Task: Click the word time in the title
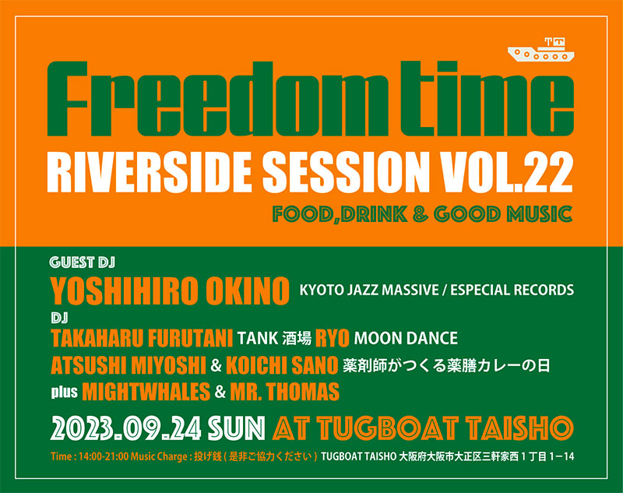tap(487, 99)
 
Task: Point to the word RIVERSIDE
tap(149, 173)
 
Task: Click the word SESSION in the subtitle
tap(343, 173)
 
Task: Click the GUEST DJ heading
tap(83, 262)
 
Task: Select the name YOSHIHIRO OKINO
tap(170, 291)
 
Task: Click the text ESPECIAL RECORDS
tap(512, 290)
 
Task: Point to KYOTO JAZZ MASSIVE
tap(368, 290)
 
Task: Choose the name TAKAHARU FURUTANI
tap(142, 339)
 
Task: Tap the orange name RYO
tap(333, 339)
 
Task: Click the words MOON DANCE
tap(406, 339)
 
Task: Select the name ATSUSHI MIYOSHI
tap(128, 365)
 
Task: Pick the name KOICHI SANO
tap(282, 365)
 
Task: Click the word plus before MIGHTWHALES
tap(64, 392)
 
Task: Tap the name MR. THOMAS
tap(285, 391)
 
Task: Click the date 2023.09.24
tap(126, 428)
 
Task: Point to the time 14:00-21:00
tap(104, 456)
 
